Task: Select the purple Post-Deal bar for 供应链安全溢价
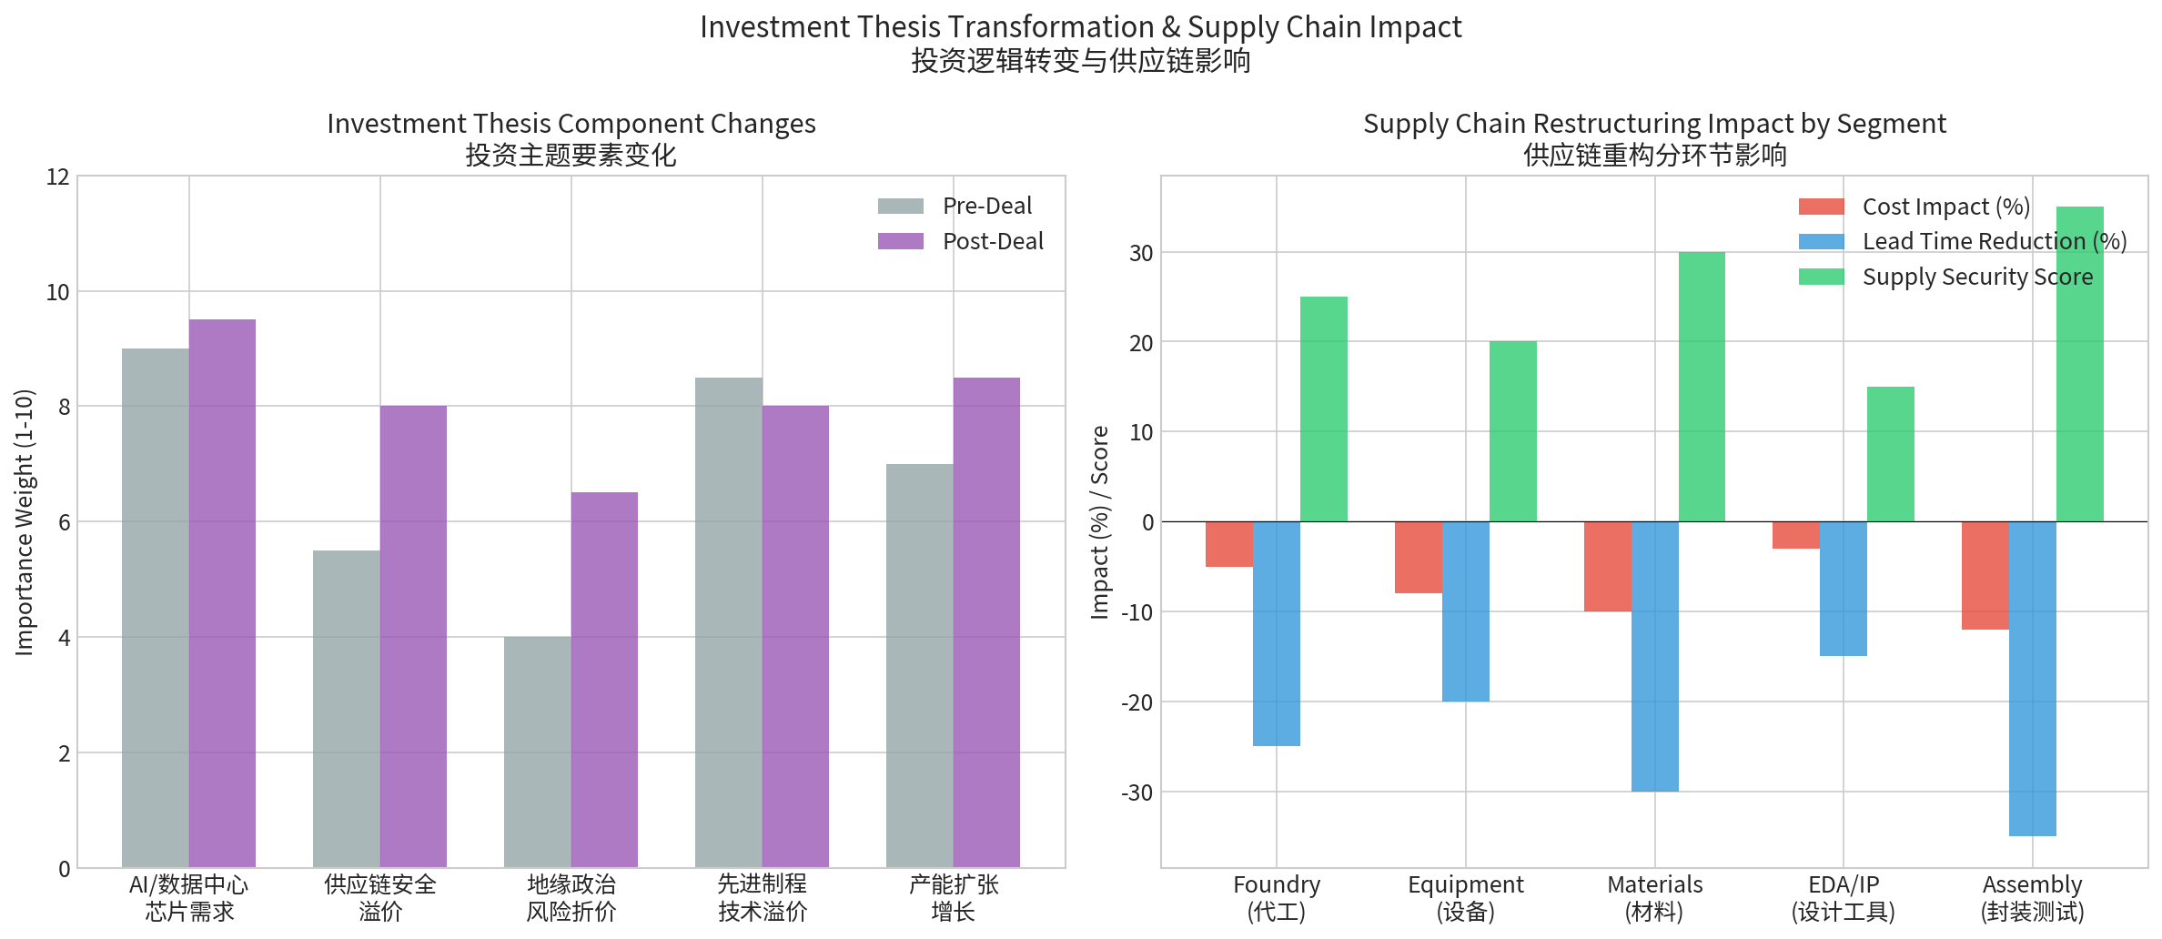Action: click(413, 637)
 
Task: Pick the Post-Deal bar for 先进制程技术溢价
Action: click(795, 637)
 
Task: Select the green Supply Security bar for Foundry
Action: click(1323, 409)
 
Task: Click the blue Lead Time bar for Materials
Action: click(1654, 656)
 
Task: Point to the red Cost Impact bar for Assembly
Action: click(1985, 575)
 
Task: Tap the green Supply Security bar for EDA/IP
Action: click(1890, 454)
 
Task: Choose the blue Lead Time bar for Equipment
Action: click(1465, 611)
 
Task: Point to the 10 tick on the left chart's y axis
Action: click(58, 292)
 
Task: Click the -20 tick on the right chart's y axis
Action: click(1137, 702)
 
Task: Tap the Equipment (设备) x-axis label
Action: click(1465, 897)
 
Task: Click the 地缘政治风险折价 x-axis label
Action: click(571, 897)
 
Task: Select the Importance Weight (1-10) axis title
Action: click(25, 521)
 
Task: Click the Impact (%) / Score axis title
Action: click(1100, 521)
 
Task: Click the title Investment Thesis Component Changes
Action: click(571, 124)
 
